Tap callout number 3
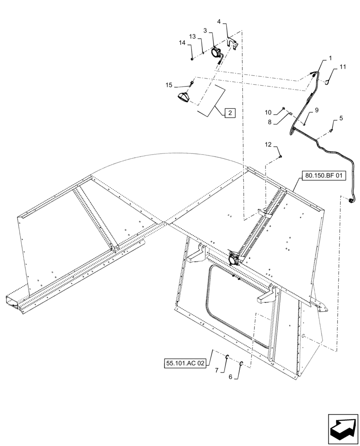(x=205, y=30)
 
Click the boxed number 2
(x=229, y=112)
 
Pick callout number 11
(x=342, y=67)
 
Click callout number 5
(x=341, y=118)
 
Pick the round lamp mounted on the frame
(x=233, y=258)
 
